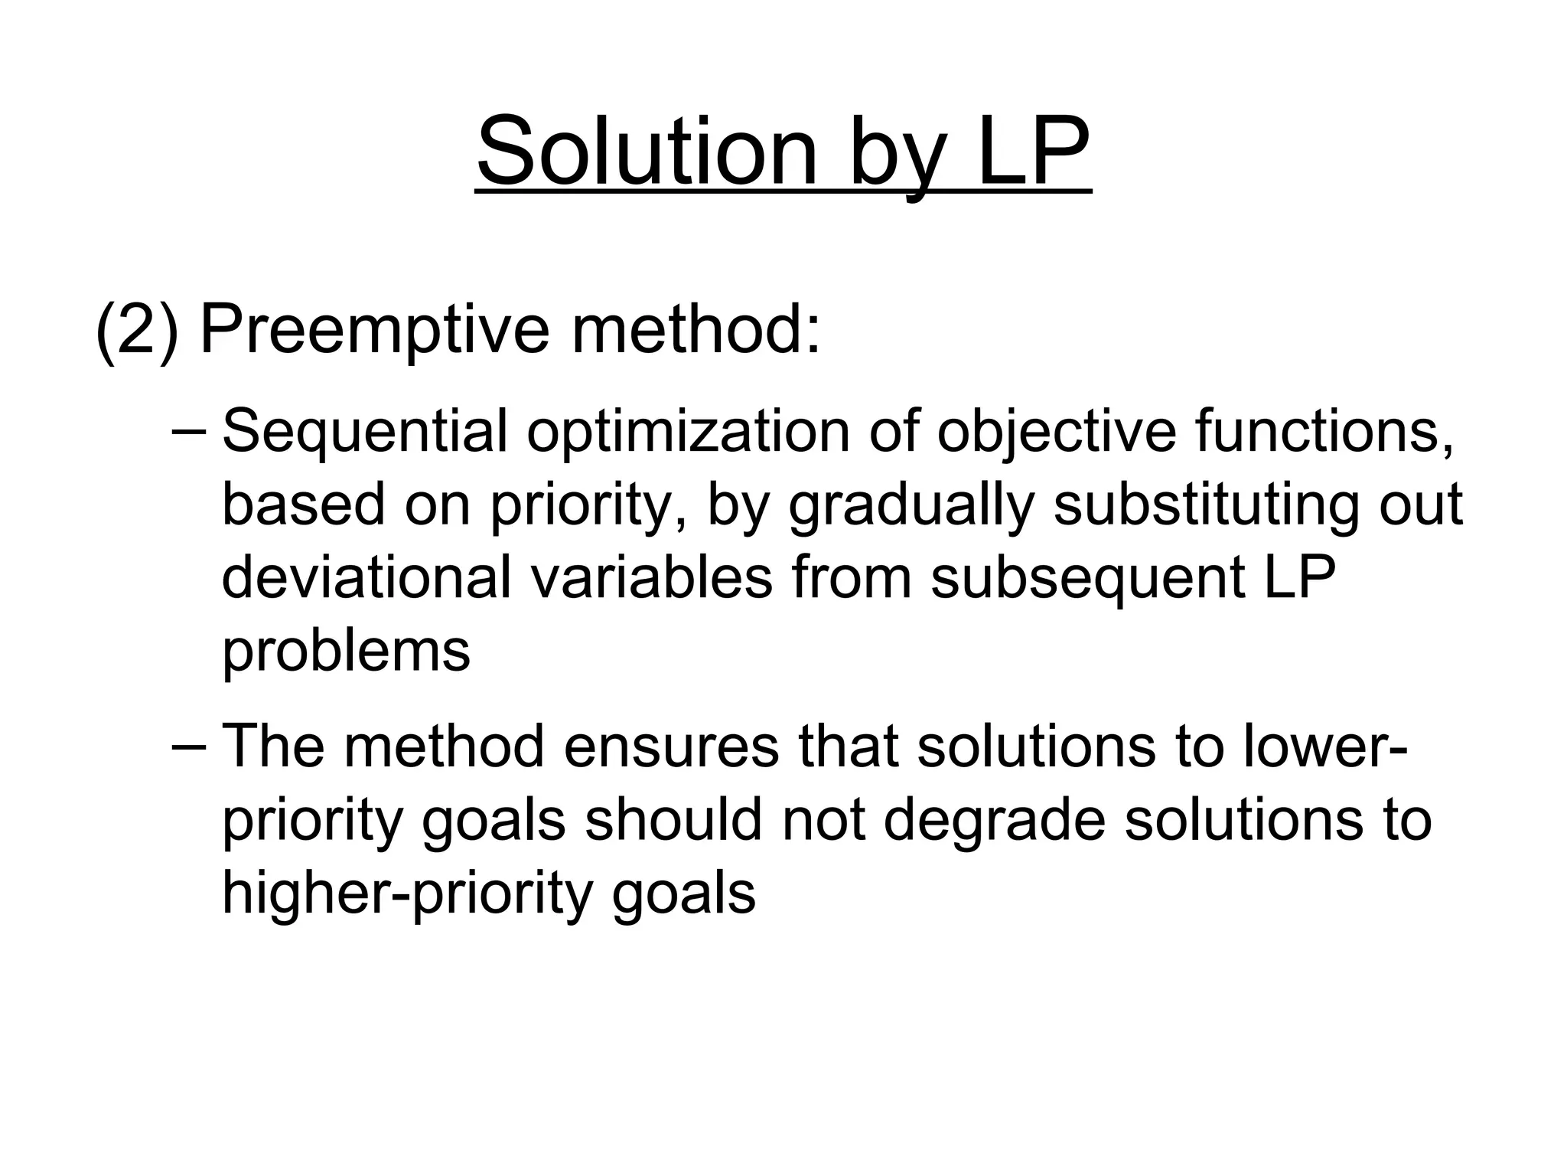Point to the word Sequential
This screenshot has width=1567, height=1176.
[364, 433]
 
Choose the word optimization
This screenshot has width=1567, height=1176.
[688, 432]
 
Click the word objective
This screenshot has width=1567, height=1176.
[1057, 433]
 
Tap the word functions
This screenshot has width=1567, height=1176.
[1324, 432]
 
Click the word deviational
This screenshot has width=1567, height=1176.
[366, 577]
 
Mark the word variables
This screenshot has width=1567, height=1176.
[651, 577]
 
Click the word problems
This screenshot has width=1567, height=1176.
[346, 652]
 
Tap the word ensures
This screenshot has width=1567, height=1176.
[670, 747]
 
